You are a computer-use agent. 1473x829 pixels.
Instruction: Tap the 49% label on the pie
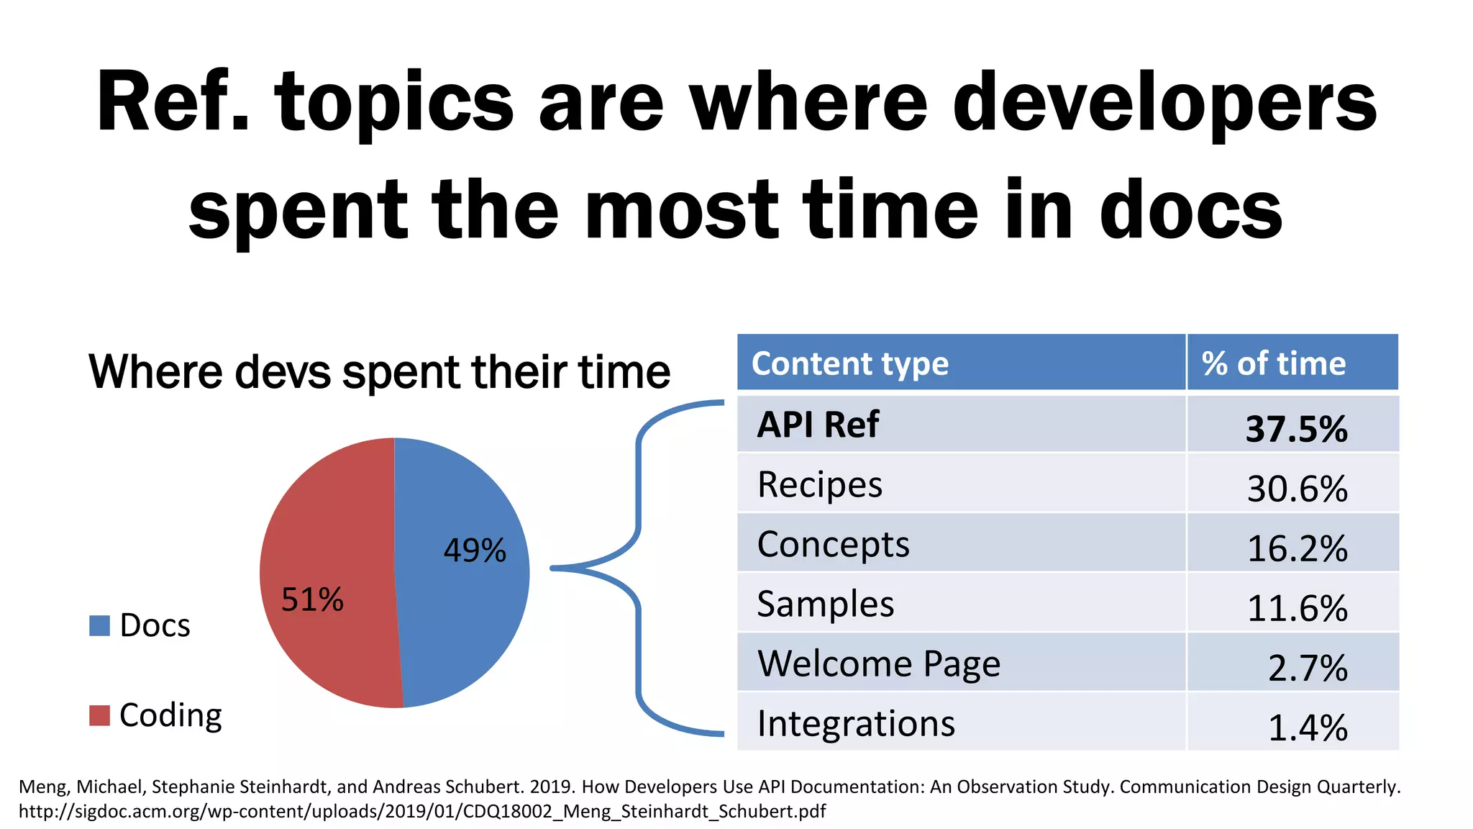tap(475, 551)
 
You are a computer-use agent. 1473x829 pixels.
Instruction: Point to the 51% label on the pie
tap(312, 599)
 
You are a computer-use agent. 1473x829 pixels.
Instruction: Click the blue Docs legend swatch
tap(99, 625)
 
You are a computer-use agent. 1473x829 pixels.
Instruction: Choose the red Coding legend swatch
tap(99, 715)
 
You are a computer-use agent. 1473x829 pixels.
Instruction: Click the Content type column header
tap(849, 363)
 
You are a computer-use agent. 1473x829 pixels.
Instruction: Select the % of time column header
tap(1273, 363)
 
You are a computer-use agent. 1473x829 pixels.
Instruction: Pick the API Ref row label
tap(818, 425)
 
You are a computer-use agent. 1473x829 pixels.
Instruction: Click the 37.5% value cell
tap(1296, 429)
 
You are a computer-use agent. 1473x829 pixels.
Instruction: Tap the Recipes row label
tap(819, 484)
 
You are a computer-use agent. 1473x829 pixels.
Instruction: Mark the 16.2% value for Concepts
tap(1297, 548)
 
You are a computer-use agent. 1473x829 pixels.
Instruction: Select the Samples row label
tap(825, 604)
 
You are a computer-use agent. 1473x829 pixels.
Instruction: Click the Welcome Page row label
tap(878, 663)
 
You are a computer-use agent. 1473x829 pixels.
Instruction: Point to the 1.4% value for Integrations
tap(1307, 728)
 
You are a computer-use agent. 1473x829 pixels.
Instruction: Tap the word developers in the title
tap(1164, 103)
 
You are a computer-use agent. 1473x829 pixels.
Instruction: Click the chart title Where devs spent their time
tap(379, 372)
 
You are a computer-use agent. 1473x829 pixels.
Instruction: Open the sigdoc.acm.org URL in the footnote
tap(421, 812)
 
